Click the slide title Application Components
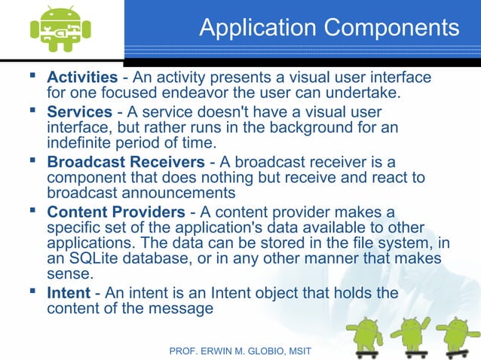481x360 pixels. pos(329,28)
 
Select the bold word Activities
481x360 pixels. pos(82,78)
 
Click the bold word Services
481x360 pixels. pos(79,111)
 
